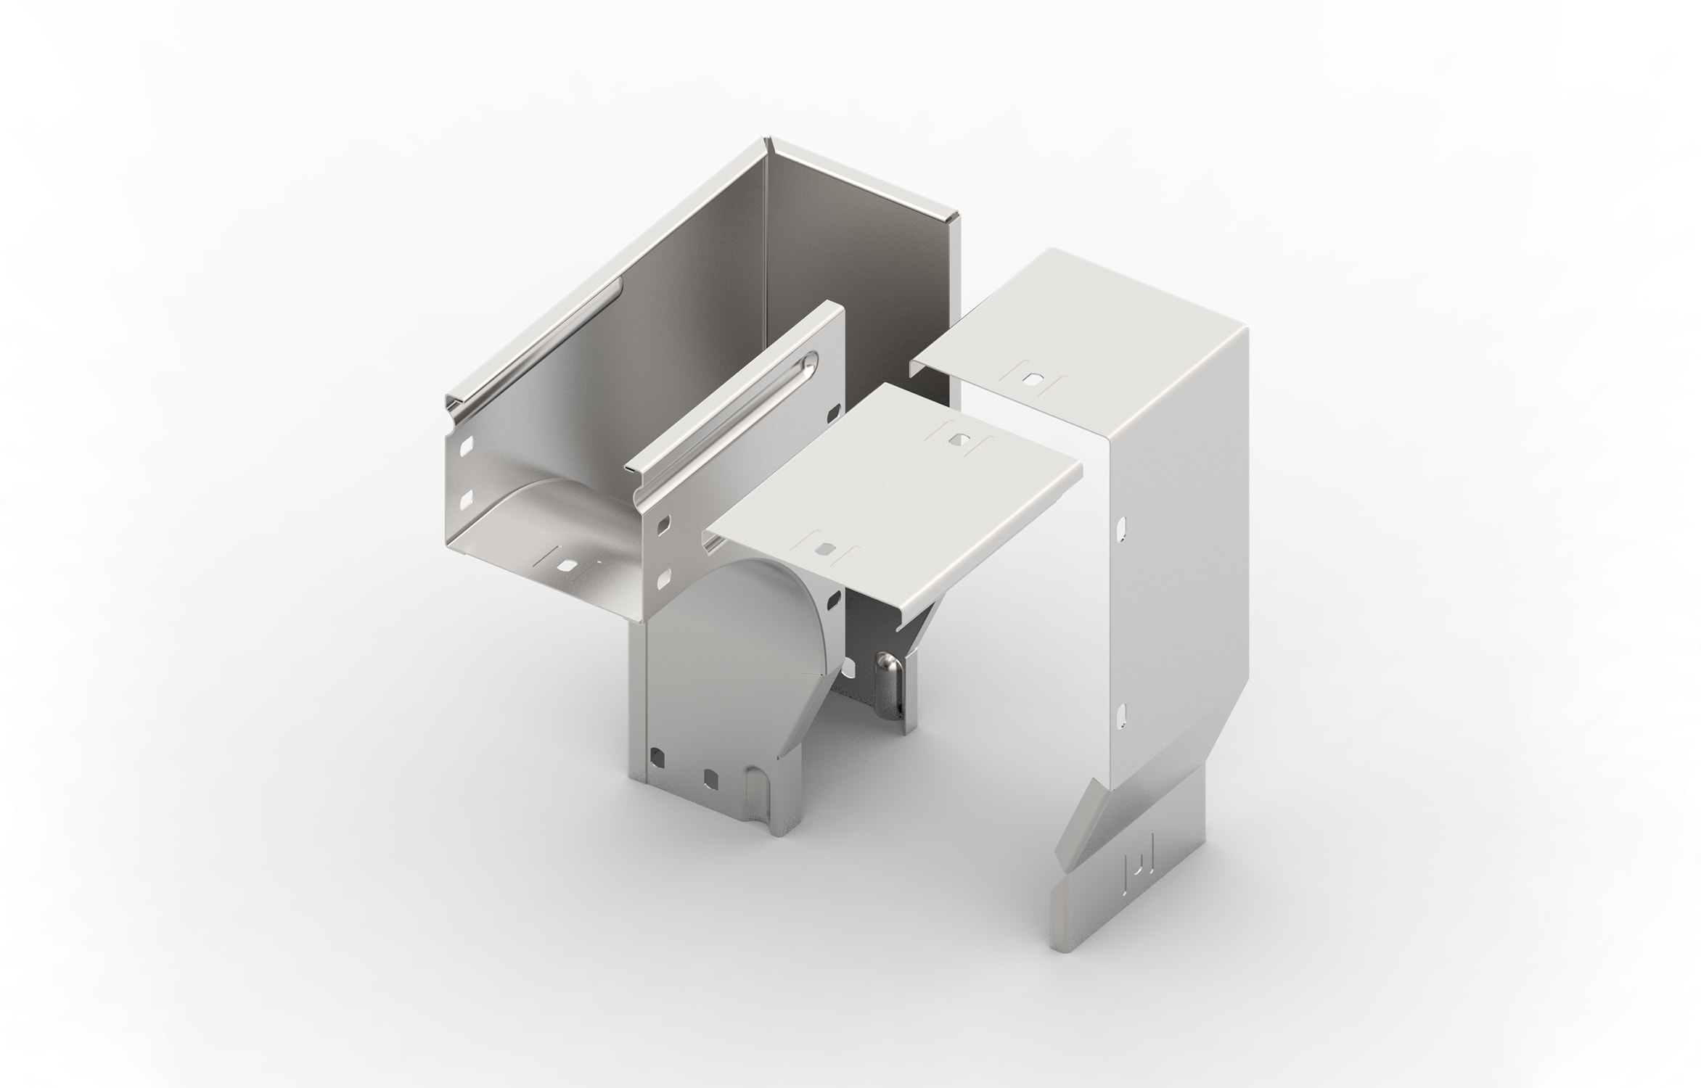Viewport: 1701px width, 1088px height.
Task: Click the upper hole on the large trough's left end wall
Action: (467, 443)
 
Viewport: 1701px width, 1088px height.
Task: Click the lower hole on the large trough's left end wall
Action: (467, 497)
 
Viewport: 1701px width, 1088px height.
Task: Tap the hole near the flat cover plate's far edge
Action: (962, 440)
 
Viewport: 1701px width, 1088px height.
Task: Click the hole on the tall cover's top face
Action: (1036, 378)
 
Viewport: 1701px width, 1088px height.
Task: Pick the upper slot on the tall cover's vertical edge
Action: (1122, 527)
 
